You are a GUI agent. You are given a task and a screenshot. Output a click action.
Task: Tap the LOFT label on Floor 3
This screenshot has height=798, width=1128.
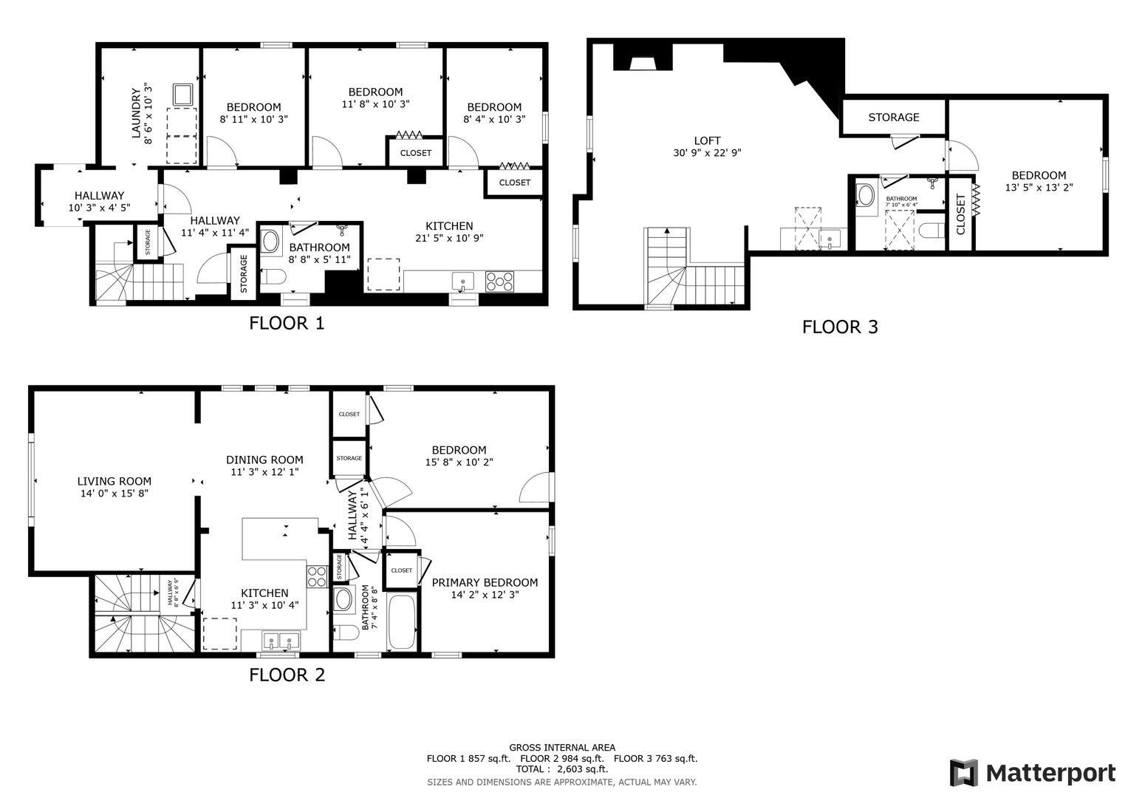[x=707, y=140]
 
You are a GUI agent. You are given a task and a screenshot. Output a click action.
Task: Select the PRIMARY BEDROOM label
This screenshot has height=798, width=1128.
[x=485, y=582]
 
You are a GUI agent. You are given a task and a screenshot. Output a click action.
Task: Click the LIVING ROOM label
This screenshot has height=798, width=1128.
[x=114, y=481]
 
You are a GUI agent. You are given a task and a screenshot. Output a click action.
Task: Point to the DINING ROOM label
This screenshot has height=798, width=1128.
[x=264, y=460]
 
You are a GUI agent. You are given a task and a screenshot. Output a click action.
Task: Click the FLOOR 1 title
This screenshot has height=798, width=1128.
[x=287, y=323]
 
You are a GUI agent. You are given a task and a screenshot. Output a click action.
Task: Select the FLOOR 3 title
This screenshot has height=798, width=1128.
[x=840, y=327]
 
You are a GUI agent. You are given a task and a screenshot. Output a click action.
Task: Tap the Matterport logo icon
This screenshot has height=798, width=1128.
[x=964, y=773]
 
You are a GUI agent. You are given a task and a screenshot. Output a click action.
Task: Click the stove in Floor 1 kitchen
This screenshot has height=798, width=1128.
[x=499, y=281]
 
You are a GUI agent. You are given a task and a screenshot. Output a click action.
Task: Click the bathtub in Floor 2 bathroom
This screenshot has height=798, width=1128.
[x=402, y=622]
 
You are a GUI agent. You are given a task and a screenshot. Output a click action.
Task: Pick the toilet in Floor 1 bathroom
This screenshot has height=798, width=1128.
[x=274, y=277]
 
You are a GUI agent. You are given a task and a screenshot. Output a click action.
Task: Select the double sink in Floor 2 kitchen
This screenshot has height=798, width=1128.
[x=280, y=641]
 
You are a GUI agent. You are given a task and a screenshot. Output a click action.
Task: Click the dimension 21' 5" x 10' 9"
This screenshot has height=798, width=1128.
[x=449, y=238]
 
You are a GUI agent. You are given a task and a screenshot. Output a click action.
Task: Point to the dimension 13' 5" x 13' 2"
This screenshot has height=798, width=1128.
[x=1039, y=188]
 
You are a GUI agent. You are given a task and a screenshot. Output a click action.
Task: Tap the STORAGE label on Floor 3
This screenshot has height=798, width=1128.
[x=894, y=117]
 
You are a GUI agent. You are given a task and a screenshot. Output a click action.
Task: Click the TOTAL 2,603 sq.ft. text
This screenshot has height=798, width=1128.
[x=561, y=769]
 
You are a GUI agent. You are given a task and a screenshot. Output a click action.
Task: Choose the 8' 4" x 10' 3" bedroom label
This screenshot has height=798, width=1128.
[x=494, y=113]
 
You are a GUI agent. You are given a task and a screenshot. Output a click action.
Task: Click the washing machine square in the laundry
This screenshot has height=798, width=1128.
[x=182, y=95]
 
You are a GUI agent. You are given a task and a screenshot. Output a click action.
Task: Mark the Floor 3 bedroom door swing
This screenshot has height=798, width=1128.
[x=963, y=154]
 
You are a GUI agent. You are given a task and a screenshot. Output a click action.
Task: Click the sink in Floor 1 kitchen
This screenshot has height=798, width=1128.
[x=463, y=282]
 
